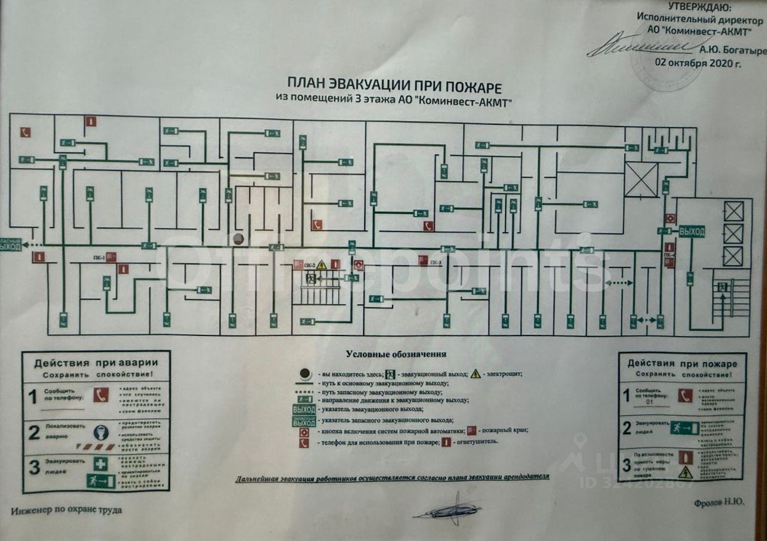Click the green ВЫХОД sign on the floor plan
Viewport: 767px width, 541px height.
click(x=691, y=232)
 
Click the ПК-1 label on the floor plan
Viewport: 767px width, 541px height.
click(x=98, y=257)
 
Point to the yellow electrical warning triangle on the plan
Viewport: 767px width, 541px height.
click(x=322, y=265)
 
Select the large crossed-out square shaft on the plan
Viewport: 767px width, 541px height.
click(x=641, y=179)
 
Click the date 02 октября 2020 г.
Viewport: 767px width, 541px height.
click(x=697, y=63)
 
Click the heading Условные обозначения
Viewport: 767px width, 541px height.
click(x=396, y=354)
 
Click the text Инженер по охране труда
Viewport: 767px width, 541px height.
click(x=67, y=510)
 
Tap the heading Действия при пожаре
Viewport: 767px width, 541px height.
click(x=682, y=363)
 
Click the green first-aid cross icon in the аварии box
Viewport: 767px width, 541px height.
click(x=100, y=464)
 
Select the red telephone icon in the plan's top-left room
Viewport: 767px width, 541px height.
click(x=25, y=132)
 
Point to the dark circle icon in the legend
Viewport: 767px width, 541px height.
click(x=304, y=374)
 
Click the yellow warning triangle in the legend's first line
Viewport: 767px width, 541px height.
click(x=476, y=374)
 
